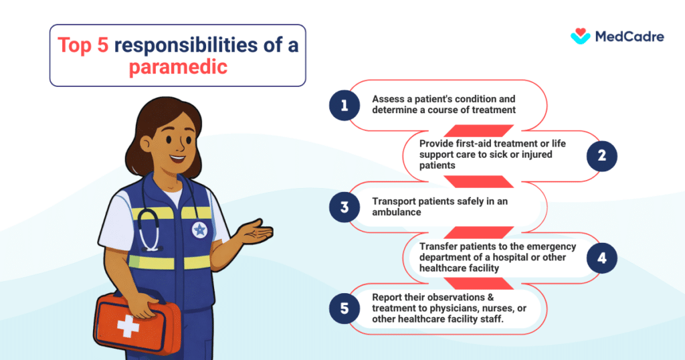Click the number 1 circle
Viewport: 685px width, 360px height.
[345, 105]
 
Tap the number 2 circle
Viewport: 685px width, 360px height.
[601, 156]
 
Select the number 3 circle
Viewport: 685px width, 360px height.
[345, 207]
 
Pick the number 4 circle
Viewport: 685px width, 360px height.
[601, 258]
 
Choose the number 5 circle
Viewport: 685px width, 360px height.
[345, 308]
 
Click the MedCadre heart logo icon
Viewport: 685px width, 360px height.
[580, 36]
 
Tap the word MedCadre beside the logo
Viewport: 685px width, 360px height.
[629, 37]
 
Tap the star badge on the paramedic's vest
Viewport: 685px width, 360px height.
[199, 230]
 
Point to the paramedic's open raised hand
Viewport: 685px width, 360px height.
[257, 234]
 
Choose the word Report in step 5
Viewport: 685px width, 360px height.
[389, 296]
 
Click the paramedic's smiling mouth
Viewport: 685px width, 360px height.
[177, 159]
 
